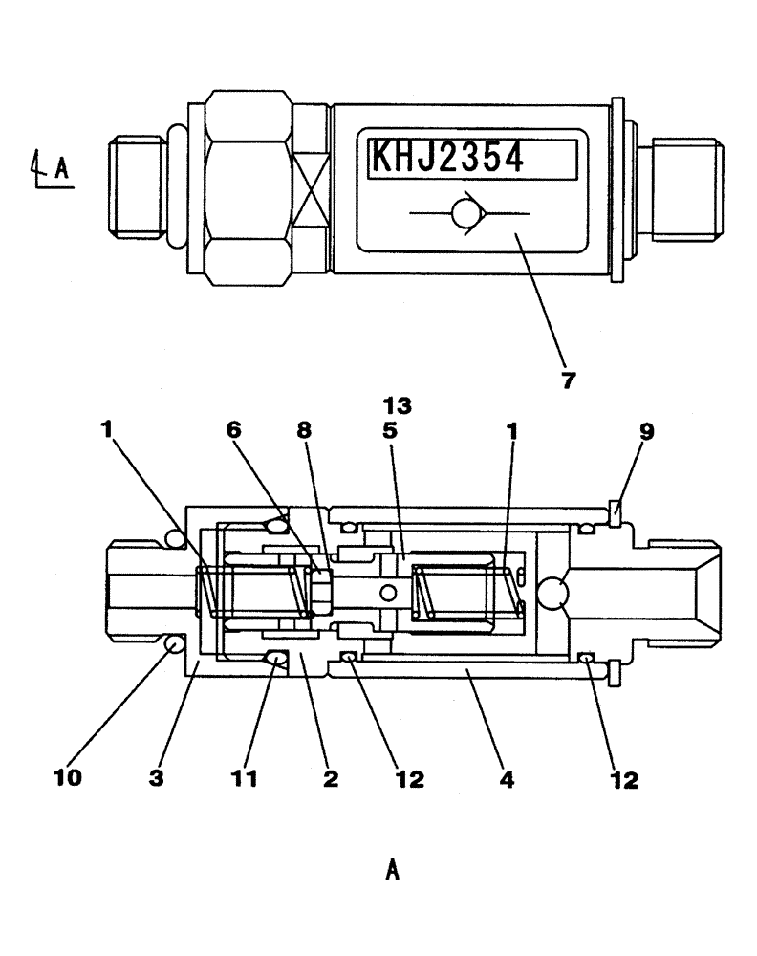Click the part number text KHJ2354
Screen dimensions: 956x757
coord(446,158)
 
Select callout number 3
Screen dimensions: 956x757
coord(157,779)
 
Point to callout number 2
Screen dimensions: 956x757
coord(330,779)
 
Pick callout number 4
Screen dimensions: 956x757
coord(506,779)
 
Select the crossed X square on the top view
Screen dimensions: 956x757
coord(310,189)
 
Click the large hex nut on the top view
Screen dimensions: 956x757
coord(248,188)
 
